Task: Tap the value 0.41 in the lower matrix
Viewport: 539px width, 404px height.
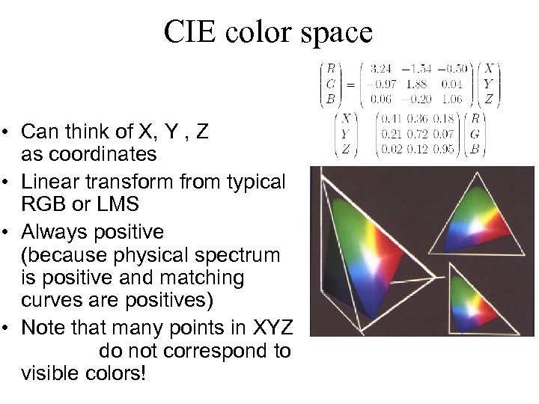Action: click(x=392, y=118)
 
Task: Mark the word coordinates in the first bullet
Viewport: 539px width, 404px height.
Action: click(x=89, y=154)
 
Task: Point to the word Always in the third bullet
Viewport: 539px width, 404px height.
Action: click(x=51, y=230)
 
